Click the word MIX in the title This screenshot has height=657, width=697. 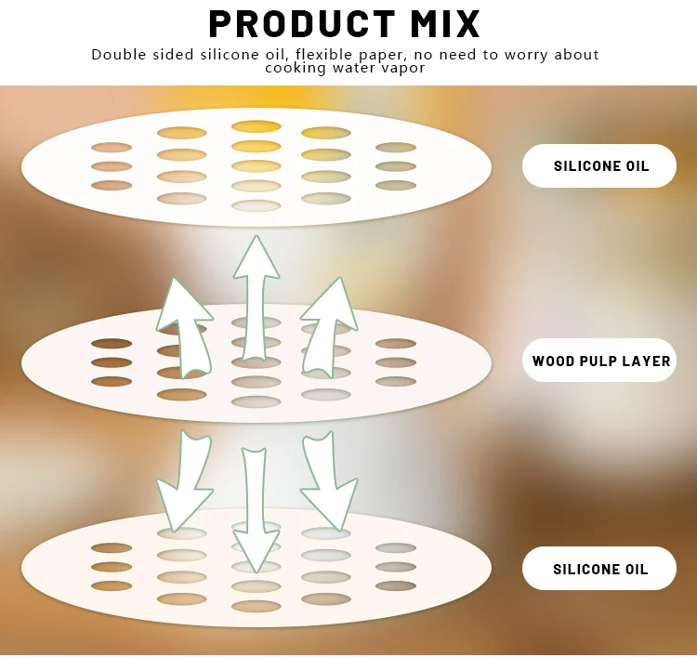[442, 23]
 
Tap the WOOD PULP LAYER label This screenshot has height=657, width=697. [600, 361]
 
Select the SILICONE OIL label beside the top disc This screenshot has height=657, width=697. [600, 166]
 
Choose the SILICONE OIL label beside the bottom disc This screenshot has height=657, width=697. [600, 569]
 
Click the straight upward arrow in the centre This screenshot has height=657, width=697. [256, 297]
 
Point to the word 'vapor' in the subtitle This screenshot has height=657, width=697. [401, 68]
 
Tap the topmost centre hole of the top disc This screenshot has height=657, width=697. [256, 126]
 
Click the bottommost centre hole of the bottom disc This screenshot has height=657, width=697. [256, 606]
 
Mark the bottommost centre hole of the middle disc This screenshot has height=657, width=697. [256, 401]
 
